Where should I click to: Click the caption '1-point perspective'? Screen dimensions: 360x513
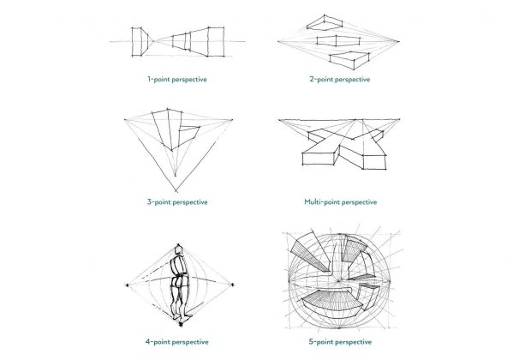click(177, 80)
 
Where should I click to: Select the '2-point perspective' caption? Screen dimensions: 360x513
click(340, 80)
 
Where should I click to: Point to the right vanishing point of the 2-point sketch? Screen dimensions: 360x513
click(403, 40)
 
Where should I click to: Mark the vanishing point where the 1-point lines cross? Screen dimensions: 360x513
click(158, 40)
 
